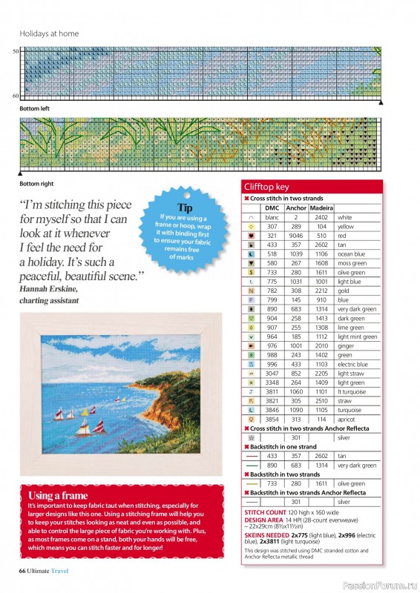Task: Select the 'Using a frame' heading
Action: tap(57, 495)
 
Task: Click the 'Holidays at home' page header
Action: tap(49, 33)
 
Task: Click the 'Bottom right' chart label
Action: tap(36, 183)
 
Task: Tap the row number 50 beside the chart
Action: tap(15, 51)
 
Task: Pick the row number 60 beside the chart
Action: tap(15, 96)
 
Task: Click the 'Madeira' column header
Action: tap(321, 208)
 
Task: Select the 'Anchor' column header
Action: tap(296, 208)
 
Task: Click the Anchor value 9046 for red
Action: tap(296, 235)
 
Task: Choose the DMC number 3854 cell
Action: tap(272, 419)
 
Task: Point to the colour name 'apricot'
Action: tap(347, 419)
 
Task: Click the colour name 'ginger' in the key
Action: tap(347, 345)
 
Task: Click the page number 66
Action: tap(22, 569)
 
